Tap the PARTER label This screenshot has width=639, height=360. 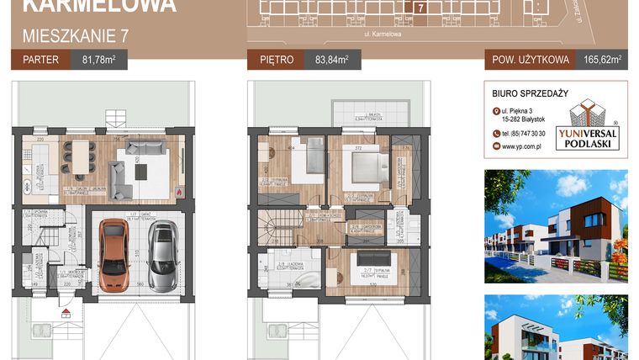[x=39, y=60]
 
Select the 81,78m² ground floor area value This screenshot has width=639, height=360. [x=98, y=60]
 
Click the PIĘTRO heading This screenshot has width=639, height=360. [x=277, y=60]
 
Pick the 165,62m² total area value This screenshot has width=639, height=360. [x=604, y=60]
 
